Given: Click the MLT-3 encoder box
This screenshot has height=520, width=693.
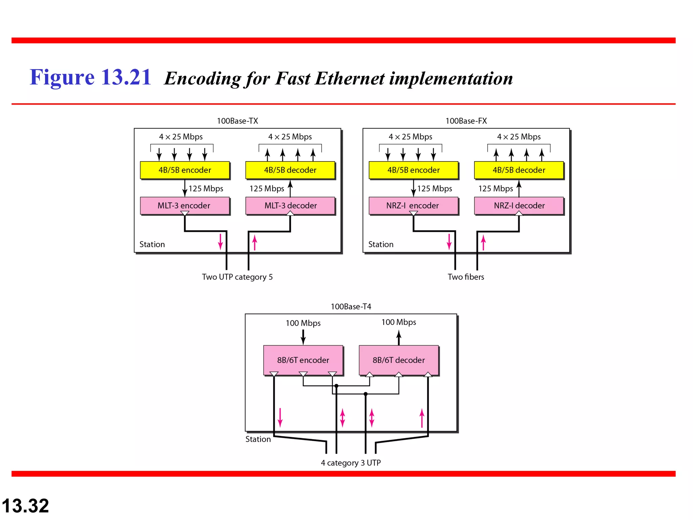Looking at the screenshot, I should click(x=185, y=205).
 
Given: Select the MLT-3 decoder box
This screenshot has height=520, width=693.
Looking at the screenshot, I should click(x=290, y=205).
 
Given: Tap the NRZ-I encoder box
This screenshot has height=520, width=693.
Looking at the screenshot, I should click(x=413, y=205).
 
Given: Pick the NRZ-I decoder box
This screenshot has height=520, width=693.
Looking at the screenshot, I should click(x=519, y=205).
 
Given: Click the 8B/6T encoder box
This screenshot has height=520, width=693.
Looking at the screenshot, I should click(x=303, y=360).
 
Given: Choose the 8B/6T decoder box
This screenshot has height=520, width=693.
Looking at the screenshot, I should click(x=399, y=360).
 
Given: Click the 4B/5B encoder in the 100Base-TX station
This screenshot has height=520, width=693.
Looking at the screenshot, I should click(x=185, y=170).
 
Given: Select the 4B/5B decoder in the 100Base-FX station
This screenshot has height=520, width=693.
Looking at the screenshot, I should click(x=519, y=170).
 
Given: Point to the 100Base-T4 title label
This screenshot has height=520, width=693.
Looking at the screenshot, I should click(x=351, y=307).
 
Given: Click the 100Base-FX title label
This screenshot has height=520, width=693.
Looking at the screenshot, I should click(x=466, y=121).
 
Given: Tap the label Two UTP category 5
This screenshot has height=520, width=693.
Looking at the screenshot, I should click(x=237, y=277).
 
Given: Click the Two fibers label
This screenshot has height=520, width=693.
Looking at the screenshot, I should click(x=466, y=277).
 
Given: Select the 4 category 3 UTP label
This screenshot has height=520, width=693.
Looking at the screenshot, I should click(x=351, y=463).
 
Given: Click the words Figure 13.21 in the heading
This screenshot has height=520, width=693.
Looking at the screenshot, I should click(x=90, y=77).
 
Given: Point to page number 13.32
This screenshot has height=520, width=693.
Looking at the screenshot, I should click(x=25, y=506).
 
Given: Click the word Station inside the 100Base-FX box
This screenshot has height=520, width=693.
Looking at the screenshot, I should click(x=381, y=244).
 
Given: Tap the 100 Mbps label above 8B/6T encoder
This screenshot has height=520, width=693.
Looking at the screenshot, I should click(x=303, y=323).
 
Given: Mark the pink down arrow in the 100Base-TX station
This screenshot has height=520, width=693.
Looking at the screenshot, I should click(x=220, y=242).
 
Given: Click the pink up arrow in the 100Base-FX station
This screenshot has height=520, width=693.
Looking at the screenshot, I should click(x=483, y=243).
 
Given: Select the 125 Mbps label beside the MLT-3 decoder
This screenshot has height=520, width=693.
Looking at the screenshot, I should click(x=267, y=189).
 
